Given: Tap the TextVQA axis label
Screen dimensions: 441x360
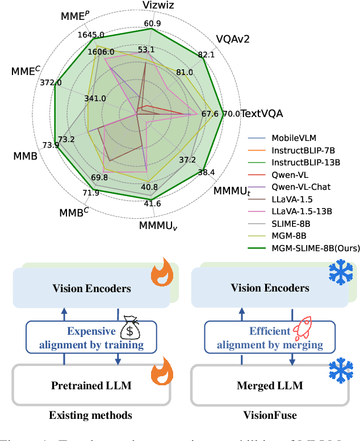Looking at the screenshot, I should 262,114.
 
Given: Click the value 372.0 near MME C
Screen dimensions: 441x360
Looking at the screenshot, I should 51,82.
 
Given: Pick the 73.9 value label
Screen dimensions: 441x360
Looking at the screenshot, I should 50,145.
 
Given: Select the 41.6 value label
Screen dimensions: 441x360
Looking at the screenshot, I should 151,203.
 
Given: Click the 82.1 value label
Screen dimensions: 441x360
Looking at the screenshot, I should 207,55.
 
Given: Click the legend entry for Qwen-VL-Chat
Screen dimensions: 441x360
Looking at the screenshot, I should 300,186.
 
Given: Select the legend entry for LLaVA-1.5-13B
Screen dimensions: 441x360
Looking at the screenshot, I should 302,211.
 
